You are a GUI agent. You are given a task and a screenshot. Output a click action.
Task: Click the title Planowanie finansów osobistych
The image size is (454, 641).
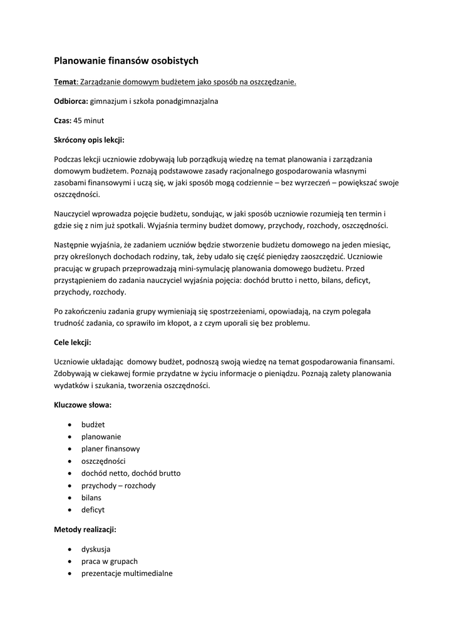point(126,61)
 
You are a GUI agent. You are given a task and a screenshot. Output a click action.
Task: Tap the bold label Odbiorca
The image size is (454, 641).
point(71,100)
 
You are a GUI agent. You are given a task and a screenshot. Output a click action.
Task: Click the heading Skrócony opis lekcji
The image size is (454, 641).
point(90,139)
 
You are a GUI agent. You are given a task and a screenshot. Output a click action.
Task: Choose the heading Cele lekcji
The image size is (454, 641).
point(73,342)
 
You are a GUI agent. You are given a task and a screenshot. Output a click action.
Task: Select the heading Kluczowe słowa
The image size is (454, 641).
point(83,404)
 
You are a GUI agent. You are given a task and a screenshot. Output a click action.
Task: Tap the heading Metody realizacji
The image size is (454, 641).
point(85,529)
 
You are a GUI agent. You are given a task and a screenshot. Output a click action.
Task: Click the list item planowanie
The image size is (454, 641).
point(101,436)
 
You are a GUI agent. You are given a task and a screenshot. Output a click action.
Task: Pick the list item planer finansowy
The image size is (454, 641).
point(110,449)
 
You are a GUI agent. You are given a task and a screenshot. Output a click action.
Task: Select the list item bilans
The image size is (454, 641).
point(91,497)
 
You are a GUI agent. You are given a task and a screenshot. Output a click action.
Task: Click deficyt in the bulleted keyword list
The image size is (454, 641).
point(93,510)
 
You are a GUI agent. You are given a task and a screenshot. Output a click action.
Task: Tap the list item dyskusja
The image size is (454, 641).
point(96,549)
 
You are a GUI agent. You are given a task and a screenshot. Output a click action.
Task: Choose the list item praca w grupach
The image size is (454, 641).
point(109,561)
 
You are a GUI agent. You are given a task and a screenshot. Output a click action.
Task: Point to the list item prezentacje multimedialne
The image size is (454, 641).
point(126,573)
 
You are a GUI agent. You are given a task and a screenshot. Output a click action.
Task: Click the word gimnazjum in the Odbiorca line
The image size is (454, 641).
point(109,100)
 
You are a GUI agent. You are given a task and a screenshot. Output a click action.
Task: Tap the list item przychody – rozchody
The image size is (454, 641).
point(118,485)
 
